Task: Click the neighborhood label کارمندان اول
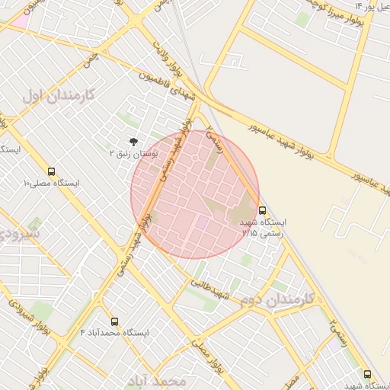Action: [58, 96]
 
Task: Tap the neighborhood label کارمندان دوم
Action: [283, 299]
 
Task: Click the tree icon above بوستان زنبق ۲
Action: [134, 141]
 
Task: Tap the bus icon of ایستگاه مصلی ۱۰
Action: [51, 171]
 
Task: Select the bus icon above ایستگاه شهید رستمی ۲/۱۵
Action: [263, 209]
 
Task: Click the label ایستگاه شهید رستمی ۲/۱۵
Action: [264, 227]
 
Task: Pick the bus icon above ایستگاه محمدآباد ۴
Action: [115, 321]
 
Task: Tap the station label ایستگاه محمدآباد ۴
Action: [114, 334]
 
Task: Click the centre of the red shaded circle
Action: [195, 194]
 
